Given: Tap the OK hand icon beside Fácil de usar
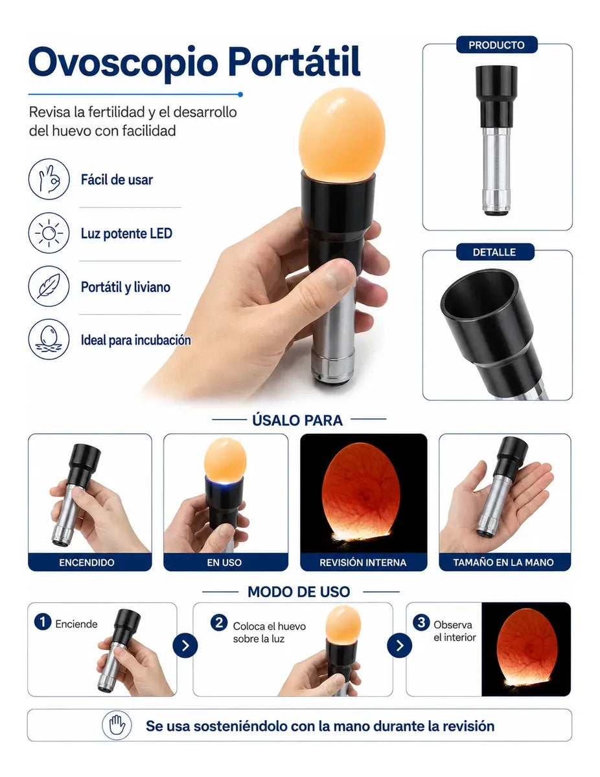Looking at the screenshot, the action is [49, 179].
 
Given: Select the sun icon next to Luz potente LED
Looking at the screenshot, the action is [49, 233].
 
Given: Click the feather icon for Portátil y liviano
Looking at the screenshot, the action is [49, 286].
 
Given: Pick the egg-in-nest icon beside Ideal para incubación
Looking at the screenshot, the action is [49, 339].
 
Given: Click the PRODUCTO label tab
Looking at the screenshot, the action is [496, 45].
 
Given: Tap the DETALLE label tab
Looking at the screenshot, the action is [495, 252].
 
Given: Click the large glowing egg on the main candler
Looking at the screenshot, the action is [342, 133].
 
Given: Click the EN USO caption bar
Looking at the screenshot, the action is [225, 562].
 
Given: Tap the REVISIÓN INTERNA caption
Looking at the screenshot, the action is [363, 562].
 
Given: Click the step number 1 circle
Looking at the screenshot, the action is [43, 622].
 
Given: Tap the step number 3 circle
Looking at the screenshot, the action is [421, 622].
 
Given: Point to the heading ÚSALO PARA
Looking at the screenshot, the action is [297, 420].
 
